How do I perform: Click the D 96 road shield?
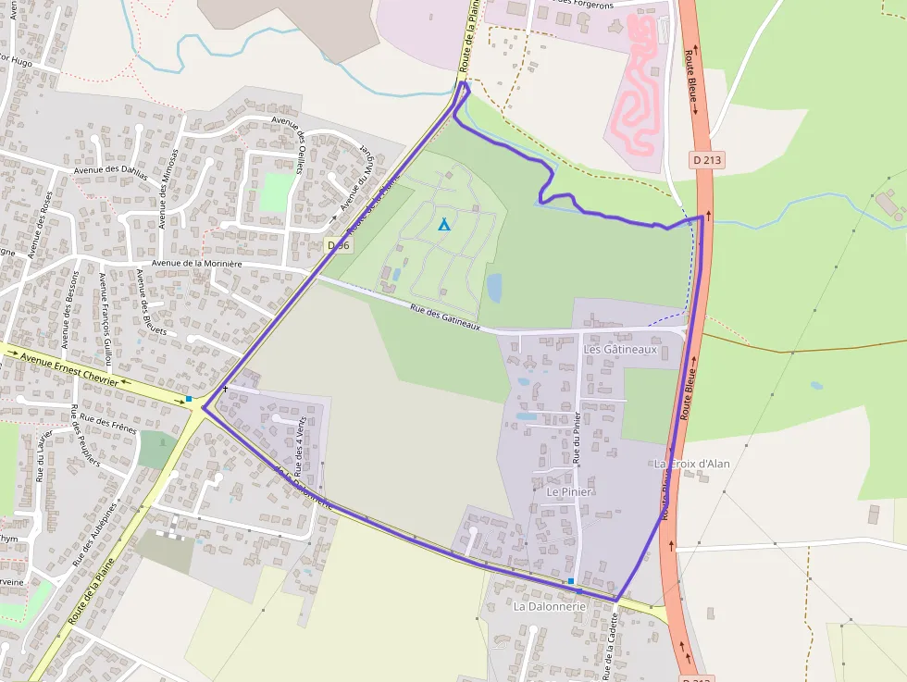pyautogui.click(x=339, y=245)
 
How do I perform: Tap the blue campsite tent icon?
pyautogui.click(x=443, y=224)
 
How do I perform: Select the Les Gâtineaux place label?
pyautogui.click(x=620, y=350)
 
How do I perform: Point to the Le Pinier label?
pyautogui.click(x=569, y=492)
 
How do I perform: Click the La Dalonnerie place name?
pyautogui.click(x=550, y=606)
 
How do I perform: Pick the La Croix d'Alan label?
pyautogui.click(x=692, y=463)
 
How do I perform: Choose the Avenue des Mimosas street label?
pyautogui.click(x=168, y=188)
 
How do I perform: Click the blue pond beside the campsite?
pyautogui.click(x=494, y=287)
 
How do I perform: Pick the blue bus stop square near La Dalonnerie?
pyautogui.click(x=571, y=581)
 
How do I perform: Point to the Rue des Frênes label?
pyautogui.click(x=109, y=423)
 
